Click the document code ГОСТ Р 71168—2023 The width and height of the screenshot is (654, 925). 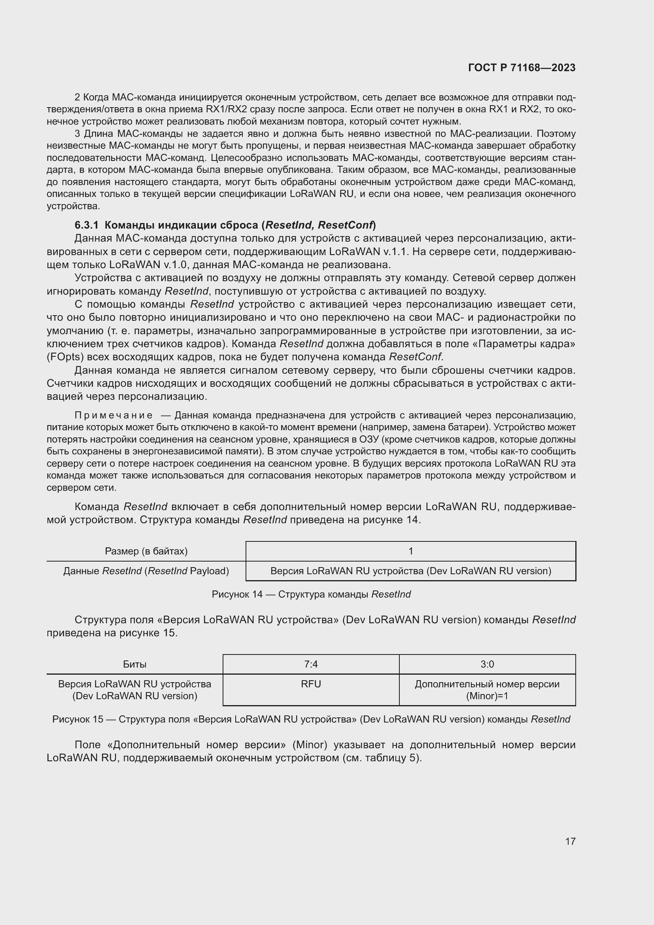pyautogui.click(x=522, y=68)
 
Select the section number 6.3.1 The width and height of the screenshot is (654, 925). pyautogui.click(x=86, y=225)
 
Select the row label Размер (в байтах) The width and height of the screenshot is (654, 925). pyautogui.click(x=146, y=551)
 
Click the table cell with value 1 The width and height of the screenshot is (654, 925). pyautogui.click(x=410, y=551)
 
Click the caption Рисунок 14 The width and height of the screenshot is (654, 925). pyautogui.click(x=237, y=594)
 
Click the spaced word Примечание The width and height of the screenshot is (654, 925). pyautogui.click(x=113, y=415)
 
